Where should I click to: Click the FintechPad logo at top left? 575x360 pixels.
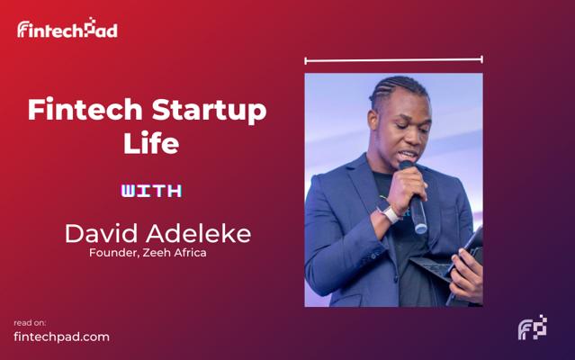[67, 29]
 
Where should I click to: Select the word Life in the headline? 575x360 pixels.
[150, 143]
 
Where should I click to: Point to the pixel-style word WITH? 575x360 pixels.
[151, 191]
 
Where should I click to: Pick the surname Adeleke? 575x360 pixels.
[200, 234]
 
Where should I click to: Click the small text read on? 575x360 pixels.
[30, 322]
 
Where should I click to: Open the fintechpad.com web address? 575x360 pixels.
[61, 337]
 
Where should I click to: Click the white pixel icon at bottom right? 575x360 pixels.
[533, 328]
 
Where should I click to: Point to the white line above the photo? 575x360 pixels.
[393, 60]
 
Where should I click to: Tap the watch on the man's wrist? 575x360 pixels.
[390, 213]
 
